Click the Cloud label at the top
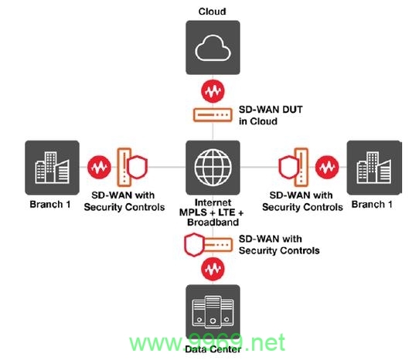click(212, 12)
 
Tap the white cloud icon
click(213, 48)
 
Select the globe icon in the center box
click(213, 168)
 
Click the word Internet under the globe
click(213, 202)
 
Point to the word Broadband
click(213, 222)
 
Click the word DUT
click(292, 110)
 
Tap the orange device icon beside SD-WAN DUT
click(213, 115)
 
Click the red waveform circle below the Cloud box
click(213, 91)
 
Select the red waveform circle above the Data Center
click(213, 269)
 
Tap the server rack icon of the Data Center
click(213, 312)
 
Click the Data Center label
click(213, 349)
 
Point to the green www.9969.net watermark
click(207, 343)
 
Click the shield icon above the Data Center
click(194, 245)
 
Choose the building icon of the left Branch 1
click(52, 168)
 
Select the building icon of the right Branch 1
click(374, 168)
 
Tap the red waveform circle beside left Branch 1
click(99, 167)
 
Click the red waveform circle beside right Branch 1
click(327, 167)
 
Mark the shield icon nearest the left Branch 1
click(137, 167)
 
